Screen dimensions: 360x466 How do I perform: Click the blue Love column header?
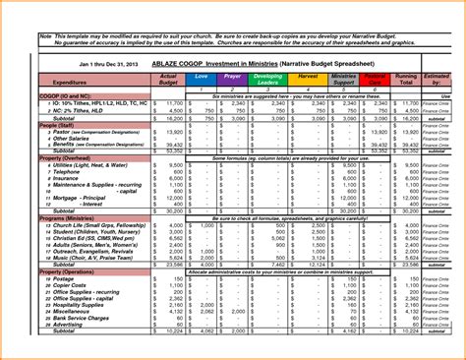[x=202, y=76]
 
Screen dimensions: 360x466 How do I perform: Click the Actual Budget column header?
[x=168, y=79]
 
